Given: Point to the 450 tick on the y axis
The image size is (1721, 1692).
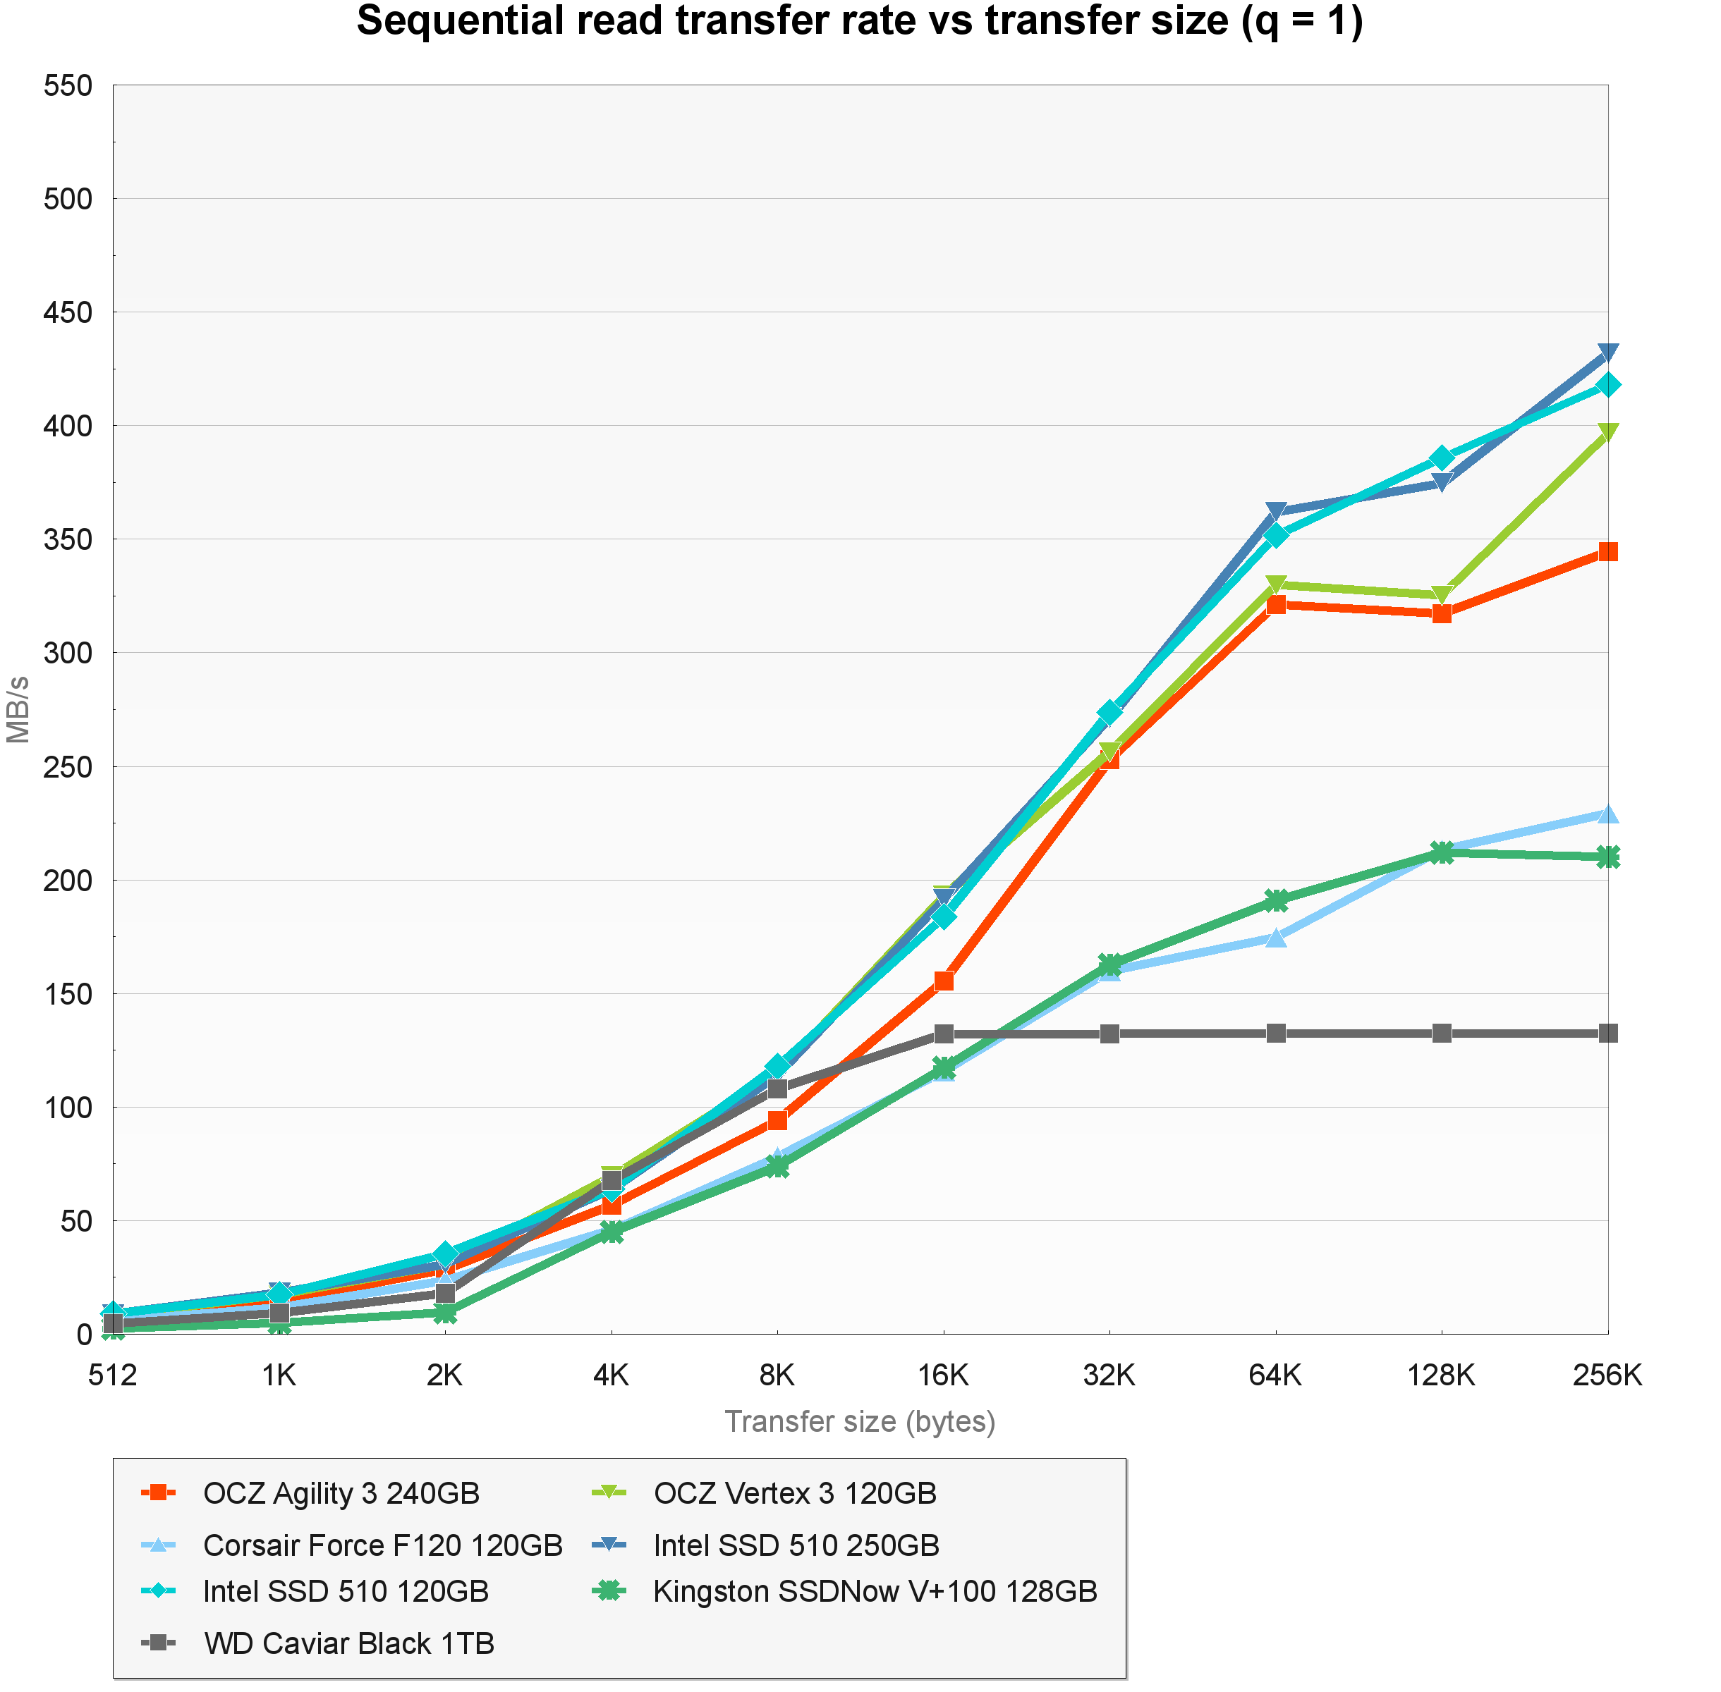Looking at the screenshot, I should [x=68, y=313].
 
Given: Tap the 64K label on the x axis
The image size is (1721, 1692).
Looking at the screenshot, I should [x=1275, y=1375].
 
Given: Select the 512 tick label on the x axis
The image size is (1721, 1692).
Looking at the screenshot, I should [x=113, y=1375].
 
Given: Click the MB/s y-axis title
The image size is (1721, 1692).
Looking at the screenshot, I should [x=18, y=709].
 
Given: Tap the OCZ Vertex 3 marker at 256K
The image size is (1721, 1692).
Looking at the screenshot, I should [x=1607, y=433].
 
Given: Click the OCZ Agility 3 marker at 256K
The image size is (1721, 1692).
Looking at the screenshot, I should [x=1607, y=552].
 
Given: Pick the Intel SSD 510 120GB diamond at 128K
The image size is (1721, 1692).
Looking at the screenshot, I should [x=1441, y=458].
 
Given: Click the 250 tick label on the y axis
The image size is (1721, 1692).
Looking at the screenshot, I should [x=68, y=767].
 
